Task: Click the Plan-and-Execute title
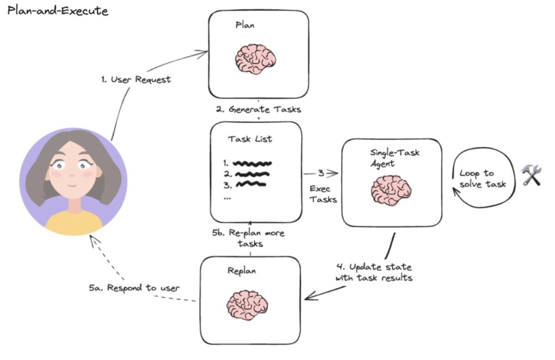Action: pyautogui.click(x=58, y=10)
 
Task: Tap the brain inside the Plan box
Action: pyautogui.click(x=255, y=59)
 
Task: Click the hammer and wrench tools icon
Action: pyautogui.click(x=531, y=176)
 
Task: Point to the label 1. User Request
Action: pyautogui.click(x=136, y=79)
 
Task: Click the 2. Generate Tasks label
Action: pyautogui.click(x=258, y=110)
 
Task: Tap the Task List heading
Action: pyautogui.click(x=250, y=139)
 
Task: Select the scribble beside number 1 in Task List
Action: pyautogui.click(x=252, y=163)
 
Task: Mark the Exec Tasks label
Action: pyautogui.click(x=323, y=194)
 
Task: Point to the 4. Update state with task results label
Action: pyautogui.click(x=374, y=273)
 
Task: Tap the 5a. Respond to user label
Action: pyautogui.click(x=134, y=287)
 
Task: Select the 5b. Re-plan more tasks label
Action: pyautogui.click(x=248, y=238)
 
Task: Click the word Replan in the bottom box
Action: pyautogui.click(x=241, y=271)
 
